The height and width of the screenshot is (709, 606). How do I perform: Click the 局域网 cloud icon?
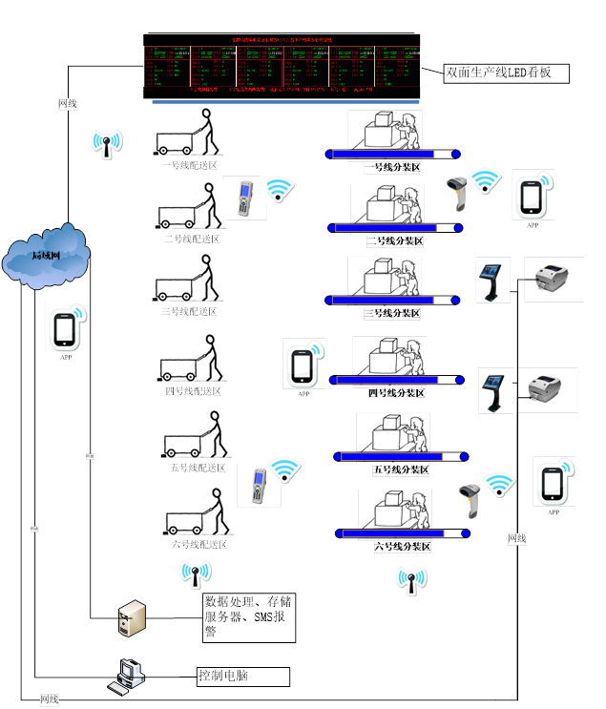(46, 255)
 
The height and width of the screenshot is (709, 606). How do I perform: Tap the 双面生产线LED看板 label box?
(507, 73)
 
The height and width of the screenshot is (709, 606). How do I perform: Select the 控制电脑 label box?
(242, 677)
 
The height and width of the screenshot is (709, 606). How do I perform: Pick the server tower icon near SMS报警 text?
(131, 617)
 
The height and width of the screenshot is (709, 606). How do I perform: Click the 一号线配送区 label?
(191, 164)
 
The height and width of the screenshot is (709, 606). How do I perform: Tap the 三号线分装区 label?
(393, 313)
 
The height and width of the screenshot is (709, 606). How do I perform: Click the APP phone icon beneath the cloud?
(64, 329)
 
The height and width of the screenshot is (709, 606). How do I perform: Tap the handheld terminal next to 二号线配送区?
(244, 198)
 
